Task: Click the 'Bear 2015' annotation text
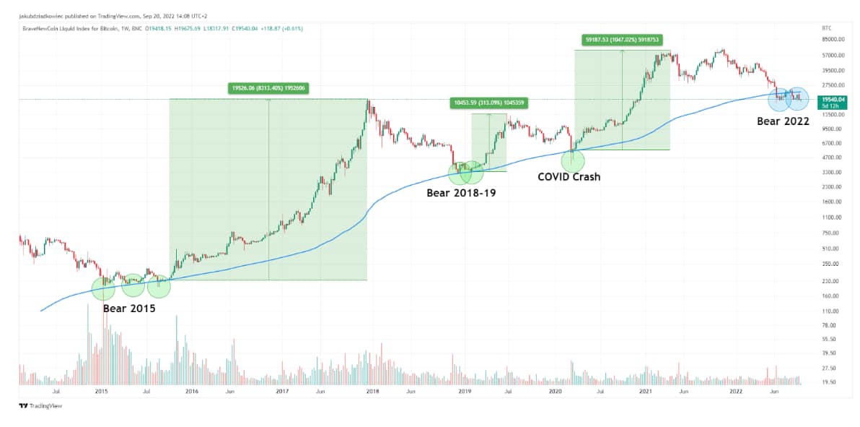[129, 308]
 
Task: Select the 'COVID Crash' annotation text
[569, 176]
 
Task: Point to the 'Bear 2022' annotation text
[783, 121]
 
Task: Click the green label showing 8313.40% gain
[269, 88]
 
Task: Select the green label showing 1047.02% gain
[622, 39]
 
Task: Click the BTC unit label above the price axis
[826, 27]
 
